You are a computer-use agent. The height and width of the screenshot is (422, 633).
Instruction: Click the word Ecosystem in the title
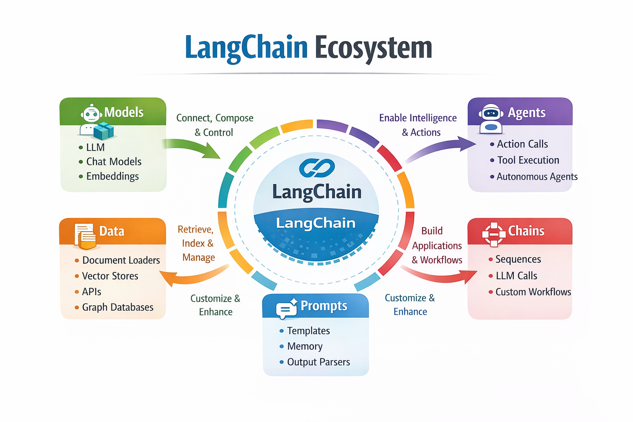(373, 48)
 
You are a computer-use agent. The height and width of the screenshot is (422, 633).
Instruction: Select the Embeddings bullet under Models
(112, 176)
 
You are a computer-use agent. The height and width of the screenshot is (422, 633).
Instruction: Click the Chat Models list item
(113, 162)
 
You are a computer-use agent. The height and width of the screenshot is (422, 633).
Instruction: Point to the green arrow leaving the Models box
(192, 148)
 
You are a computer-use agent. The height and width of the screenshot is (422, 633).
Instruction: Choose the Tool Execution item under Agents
(528, 160)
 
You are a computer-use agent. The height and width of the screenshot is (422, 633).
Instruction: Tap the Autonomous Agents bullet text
(537, 177)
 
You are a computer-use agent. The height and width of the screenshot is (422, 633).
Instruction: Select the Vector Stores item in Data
(110, 276)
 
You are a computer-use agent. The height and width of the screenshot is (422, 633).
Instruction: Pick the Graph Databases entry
(117, 307)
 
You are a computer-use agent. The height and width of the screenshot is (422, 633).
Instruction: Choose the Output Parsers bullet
(318, 362)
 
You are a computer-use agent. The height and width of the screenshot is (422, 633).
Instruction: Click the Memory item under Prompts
(305, 347)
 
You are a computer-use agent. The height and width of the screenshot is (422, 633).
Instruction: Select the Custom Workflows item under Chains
(533, 292)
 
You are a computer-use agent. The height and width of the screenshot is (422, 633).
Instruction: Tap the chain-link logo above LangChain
(316, 168)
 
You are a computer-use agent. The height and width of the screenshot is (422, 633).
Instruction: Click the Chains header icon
(494, 234)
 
